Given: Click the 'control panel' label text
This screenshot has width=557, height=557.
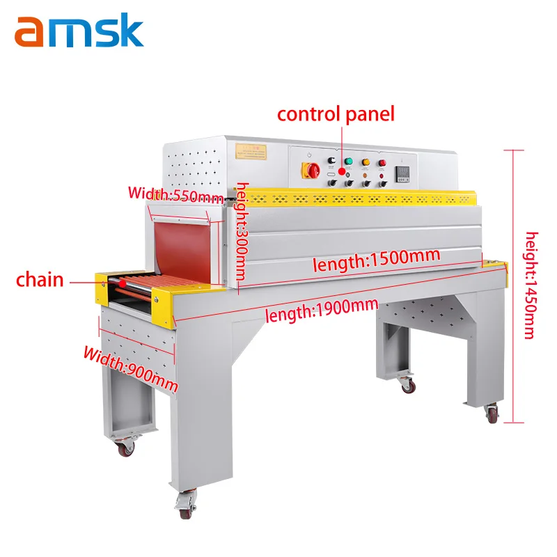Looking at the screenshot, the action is pyautogui.click(x=336, y=113).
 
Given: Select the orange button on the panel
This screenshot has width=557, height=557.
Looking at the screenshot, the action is pyautogui.click(x=365, y=163).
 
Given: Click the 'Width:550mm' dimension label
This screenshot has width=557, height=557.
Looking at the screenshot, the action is pyautogui.click(x=175, y=194).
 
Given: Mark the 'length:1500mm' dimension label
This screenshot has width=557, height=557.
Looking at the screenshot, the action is pyautogui.click(x=376, y=259).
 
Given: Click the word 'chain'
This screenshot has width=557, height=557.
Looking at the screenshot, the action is pyautogui.click(x=40, y=281).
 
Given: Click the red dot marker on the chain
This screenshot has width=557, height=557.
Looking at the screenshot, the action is pyautogui.click(x=123, y=283).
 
